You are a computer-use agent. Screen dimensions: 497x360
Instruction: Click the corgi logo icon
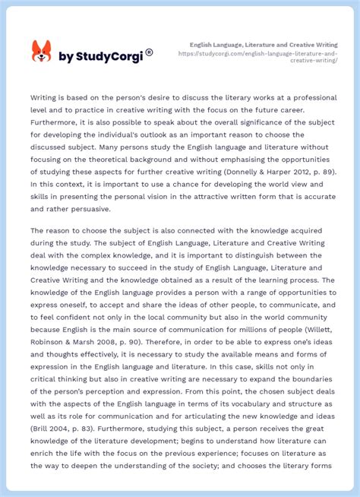click(x=41, y=52)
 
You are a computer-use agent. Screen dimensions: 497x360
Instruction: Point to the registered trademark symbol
click(x=149, y=52)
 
